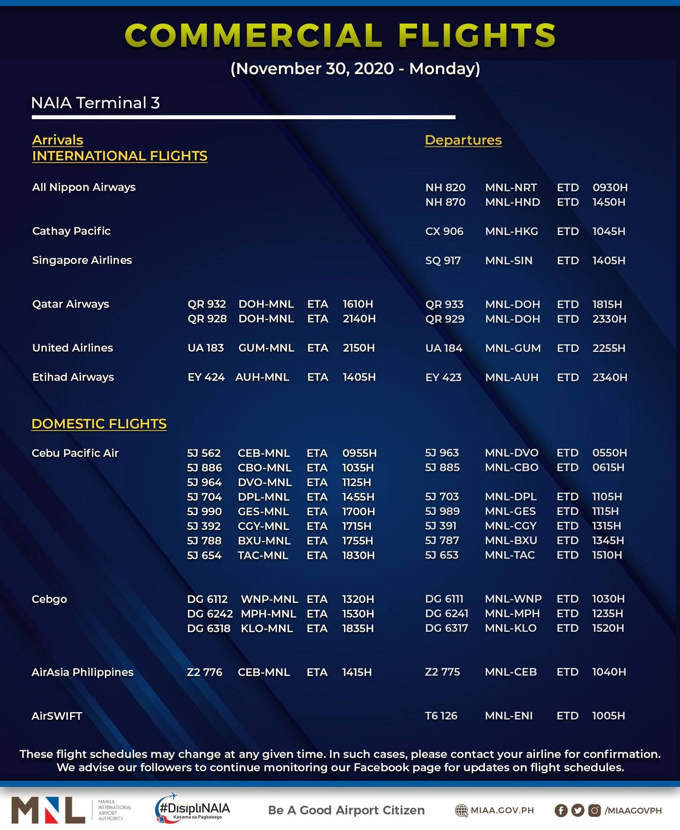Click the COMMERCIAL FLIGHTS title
[x=340, y=35]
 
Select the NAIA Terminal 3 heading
[x=96, y=103]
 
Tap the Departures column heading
[x=463, y=140]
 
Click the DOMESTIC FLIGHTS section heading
[x=99, y=424]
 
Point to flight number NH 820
[x=445, y=188]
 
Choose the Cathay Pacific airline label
[x=71, y=231]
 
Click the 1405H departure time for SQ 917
[x=609, y=261]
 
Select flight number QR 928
[x=207, y=319]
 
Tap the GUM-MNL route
[x=266, y=348]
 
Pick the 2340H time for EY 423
[x=609, y=377]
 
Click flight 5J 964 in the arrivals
[x=204, y=482]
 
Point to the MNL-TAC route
[x=510, y=555]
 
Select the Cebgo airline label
[x=49, y=599]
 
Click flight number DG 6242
[x=210, y=614]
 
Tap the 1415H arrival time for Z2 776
[x=357, y=672]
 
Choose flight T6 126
[x=441, y=716]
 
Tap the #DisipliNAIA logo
[x=192, y=808]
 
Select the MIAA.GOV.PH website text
[x=502, y=810]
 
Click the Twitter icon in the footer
[x=577, y=810]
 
